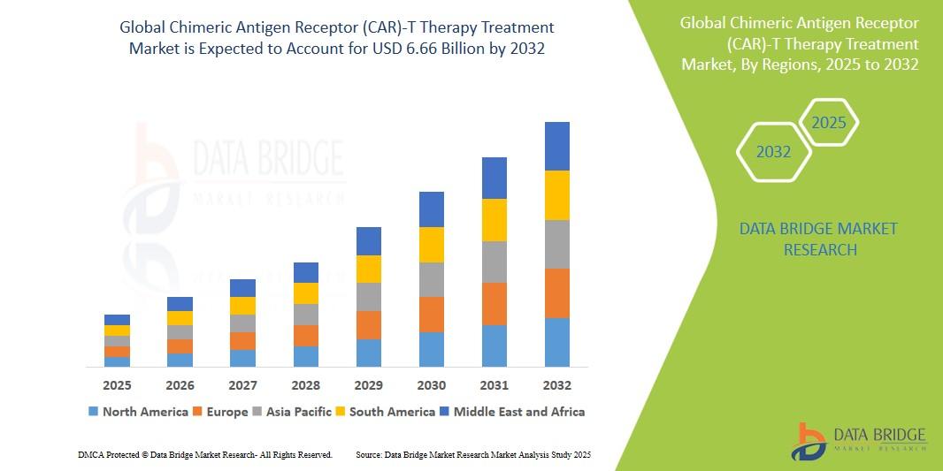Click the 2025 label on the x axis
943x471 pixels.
click(117, 385)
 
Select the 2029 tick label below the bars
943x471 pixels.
click(369, 385)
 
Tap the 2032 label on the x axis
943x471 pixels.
click(557, 385)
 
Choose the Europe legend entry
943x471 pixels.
click(220, 412)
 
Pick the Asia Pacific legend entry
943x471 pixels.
click(293, 412)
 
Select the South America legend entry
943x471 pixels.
click(385, 412)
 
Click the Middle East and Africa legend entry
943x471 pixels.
click(512, 412)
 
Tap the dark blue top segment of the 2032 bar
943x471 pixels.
click(557, 146)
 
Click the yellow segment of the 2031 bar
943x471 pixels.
click(494, 220)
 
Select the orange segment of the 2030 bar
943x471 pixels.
click(432, 315)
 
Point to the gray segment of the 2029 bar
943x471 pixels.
click(369, 297)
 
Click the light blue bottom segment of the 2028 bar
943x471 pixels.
click(306, 356)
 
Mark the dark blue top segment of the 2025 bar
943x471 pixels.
click(117, 320)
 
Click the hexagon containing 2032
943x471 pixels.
click(774, 152)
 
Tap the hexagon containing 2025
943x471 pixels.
click(829, 123)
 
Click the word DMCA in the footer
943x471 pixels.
click(90, 455)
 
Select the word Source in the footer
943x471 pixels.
click(368, 455)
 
